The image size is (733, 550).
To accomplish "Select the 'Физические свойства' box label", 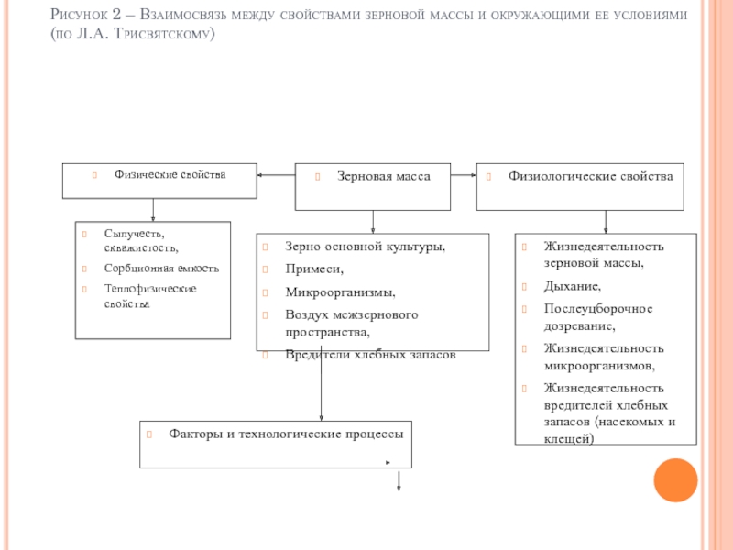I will (170, 174).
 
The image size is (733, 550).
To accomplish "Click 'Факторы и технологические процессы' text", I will (286, 433).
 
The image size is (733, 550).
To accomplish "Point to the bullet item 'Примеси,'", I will (314, 269).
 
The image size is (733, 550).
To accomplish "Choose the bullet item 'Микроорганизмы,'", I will (340, 292).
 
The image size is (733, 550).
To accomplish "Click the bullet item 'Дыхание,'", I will (573, 287).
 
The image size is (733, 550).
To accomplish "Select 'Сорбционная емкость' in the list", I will (161, 269).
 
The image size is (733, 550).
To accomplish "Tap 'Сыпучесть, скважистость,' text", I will (141, 240).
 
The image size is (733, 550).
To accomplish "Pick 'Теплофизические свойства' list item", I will (150, 295).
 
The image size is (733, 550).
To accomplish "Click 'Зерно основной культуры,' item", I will (365, 247).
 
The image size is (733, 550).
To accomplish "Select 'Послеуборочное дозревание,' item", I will (597, 316).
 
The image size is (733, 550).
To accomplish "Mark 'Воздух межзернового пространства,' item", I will (351, 323).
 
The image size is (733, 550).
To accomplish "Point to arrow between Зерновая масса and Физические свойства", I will (275, 174).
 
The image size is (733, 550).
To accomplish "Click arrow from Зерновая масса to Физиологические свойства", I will (465, 174).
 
